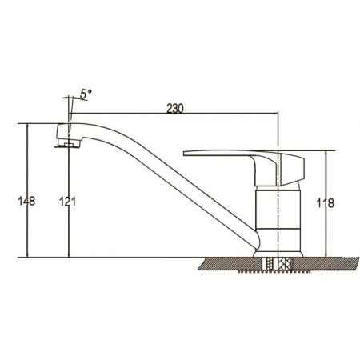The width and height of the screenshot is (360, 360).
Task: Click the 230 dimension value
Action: (175, 109)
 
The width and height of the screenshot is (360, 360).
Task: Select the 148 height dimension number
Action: (26, 201)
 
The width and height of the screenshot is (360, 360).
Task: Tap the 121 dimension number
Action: (67, 202)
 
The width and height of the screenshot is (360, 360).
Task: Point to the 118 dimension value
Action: (325, 203)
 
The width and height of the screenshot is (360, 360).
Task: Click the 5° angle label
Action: (86, 94)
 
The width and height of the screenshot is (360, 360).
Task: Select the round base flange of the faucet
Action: (278, 254)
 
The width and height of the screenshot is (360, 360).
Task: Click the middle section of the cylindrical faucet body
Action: (278, 210)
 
